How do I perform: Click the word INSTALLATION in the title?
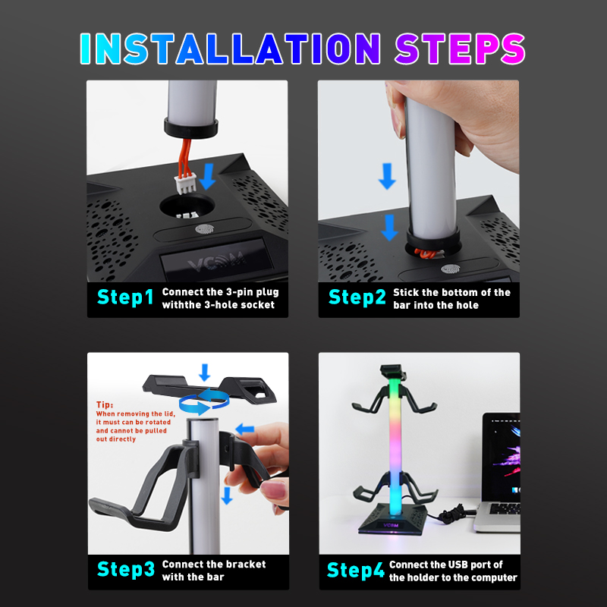tap(231, 49)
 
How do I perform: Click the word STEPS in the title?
tap(460, 49)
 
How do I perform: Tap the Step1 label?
tap(125, 297)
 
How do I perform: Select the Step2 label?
tap(357, 297)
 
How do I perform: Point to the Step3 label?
tap(126, 570)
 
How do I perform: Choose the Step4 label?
tap(356, 570)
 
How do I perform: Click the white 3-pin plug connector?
tap(185, 184)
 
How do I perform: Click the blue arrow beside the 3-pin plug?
tap(208, 176)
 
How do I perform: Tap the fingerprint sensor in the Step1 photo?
tap(204, 230)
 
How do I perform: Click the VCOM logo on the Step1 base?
tap(216, 261)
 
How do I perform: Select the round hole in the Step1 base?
tap(187, 206)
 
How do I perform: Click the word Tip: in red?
tap(105, 405)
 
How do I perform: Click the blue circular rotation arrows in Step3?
tap(204, 402)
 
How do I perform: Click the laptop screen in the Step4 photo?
tap(502, 457)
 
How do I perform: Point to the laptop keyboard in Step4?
tap(505, 508)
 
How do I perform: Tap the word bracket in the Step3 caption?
tap(247, 564)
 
